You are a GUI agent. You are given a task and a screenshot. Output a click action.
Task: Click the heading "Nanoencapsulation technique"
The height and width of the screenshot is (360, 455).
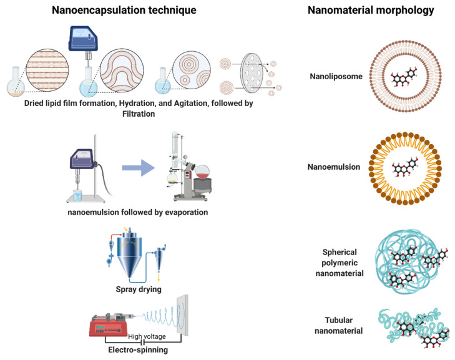coord(124,10)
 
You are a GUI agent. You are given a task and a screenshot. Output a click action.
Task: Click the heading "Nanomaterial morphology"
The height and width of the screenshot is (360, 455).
coord(371,10)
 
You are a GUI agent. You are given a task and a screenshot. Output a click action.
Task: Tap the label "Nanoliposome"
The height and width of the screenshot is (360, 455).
coord(336,76)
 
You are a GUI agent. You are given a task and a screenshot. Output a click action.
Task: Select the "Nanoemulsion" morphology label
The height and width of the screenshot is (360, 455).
coord(334,167)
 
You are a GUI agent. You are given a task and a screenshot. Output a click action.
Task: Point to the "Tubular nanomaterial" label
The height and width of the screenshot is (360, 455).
coord(339,326)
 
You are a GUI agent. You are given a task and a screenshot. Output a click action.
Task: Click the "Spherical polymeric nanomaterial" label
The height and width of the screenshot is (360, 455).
coord(340,263)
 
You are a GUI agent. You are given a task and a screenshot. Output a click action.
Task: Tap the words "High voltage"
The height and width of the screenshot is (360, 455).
coord(147,336)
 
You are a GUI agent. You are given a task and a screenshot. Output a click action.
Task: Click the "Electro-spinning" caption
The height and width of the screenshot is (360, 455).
coord(138,350)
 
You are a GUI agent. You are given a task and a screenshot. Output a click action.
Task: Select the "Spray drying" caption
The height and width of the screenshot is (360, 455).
coord(139,289)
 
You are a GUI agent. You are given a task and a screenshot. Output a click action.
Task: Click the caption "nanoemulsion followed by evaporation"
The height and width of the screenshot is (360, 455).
coord(138,212)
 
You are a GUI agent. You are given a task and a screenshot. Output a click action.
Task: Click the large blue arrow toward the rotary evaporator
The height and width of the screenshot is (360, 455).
coord(138,168)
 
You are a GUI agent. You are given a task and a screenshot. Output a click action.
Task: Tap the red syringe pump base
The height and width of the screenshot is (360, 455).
coord(108,328)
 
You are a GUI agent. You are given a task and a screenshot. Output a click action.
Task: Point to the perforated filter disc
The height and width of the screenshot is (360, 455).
coord(252,73)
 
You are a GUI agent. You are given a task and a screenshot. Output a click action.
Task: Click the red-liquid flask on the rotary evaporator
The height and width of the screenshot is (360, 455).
coord(202,172)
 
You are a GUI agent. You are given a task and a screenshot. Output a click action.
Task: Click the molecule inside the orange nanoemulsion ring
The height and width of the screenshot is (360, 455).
coord(405,167)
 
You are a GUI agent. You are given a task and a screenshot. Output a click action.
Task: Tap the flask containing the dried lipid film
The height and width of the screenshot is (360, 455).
coord(16,82)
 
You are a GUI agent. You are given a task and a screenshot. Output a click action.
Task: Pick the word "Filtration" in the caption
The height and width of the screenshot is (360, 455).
coord(139,114)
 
